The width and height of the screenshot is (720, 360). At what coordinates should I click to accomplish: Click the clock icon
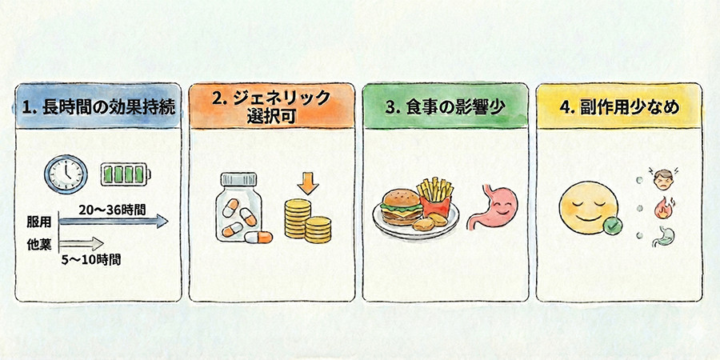(66, 174)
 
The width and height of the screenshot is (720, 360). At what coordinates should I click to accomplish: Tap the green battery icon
(126, 175)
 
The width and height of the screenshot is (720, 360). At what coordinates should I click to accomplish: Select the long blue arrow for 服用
(114, 222)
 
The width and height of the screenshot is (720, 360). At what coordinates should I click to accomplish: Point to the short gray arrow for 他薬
(82, 243)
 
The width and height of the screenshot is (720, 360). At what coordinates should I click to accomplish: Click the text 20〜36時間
(112, 210)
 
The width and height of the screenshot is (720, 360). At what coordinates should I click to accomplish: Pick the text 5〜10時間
(91, 260)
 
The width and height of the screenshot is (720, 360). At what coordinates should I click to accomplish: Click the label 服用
(38, 222)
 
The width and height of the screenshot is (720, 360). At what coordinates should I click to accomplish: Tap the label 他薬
(38, 244)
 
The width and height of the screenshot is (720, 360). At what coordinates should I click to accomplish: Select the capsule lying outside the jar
(258, 237)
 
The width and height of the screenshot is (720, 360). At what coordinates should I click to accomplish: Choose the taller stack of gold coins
(298, 218)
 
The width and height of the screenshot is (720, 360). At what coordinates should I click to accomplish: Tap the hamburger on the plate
(402, 206)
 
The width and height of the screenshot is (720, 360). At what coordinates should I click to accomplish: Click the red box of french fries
(434, 199)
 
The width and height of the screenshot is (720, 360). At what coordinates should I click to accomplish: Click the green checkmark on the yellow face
(612, 226)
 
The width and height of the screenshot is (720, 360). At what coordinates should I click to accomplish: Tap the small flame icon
(662, 207)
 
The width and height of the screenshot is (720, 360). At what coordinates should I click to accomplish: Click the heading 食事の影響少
(446, 107)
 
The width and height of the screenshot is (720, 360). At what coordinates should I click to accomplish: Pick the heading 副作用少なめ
(619, 107)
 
